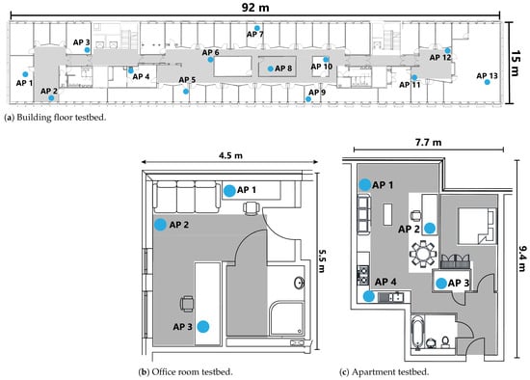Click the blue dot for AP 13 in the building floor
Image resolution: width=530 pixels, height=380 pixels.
pyautogui.click(x=487, y=82)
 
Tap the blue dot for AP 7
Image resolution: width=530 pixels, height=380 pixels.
pyautogui.click(x=257, y=28)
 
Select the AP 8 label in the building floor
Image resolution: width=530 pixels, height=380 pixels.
pyautogui.click(x=283, y=68)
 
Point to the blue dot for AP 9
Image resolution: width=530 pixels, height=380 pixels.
pyautogui.click(x=308, y=99)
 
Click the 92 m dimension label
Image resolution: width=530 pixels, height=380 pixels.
pyautogui.click(x=255, y=8)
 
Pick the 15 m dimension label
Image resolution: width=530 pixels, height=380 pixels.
pyautogui.click(x=515, y=64)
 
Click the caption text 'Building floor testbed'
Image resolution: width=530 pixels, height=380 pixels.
pyautogui.click(x=61, y=118)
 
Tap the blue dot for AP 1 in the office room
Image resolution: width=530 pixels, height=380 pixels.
pyautogui.click(x=229, y=191)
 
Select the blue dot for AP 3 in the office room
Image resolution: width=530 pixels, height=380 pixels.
pyautogui.click(x=203, y=327)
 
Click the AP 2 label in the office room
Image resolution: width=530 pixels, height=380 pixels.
pyautogui.click(x=179, y=225)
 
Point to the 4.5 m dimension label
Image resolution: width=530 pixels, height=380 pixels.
pyautogui.click(x=230, y=155)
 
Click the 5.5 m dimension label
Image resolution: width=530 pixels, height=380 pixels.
pyautogui.click(x=321, y=261)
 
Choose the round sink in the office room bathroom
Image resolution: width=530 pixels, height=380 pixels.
pyautogui.click(x=299, y=283)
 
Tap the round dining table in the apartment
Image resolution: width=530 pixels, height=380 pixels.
pyautogui.click(x=423, y=254)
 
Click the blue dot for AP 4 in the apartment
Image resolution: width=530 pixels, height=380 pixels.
pyautogui.click(x=369, y=296)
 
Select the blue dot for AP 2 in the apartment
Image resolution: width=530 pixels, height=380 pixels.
pyautogui.click(x=430, y=229)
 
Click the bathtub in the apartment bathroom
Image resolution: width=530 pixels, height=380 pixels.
pyautogui.click(x=418, y=333)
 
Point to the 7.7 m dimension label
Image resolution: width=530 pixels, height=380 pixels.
pyautogui.click(x=428, y=143)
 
